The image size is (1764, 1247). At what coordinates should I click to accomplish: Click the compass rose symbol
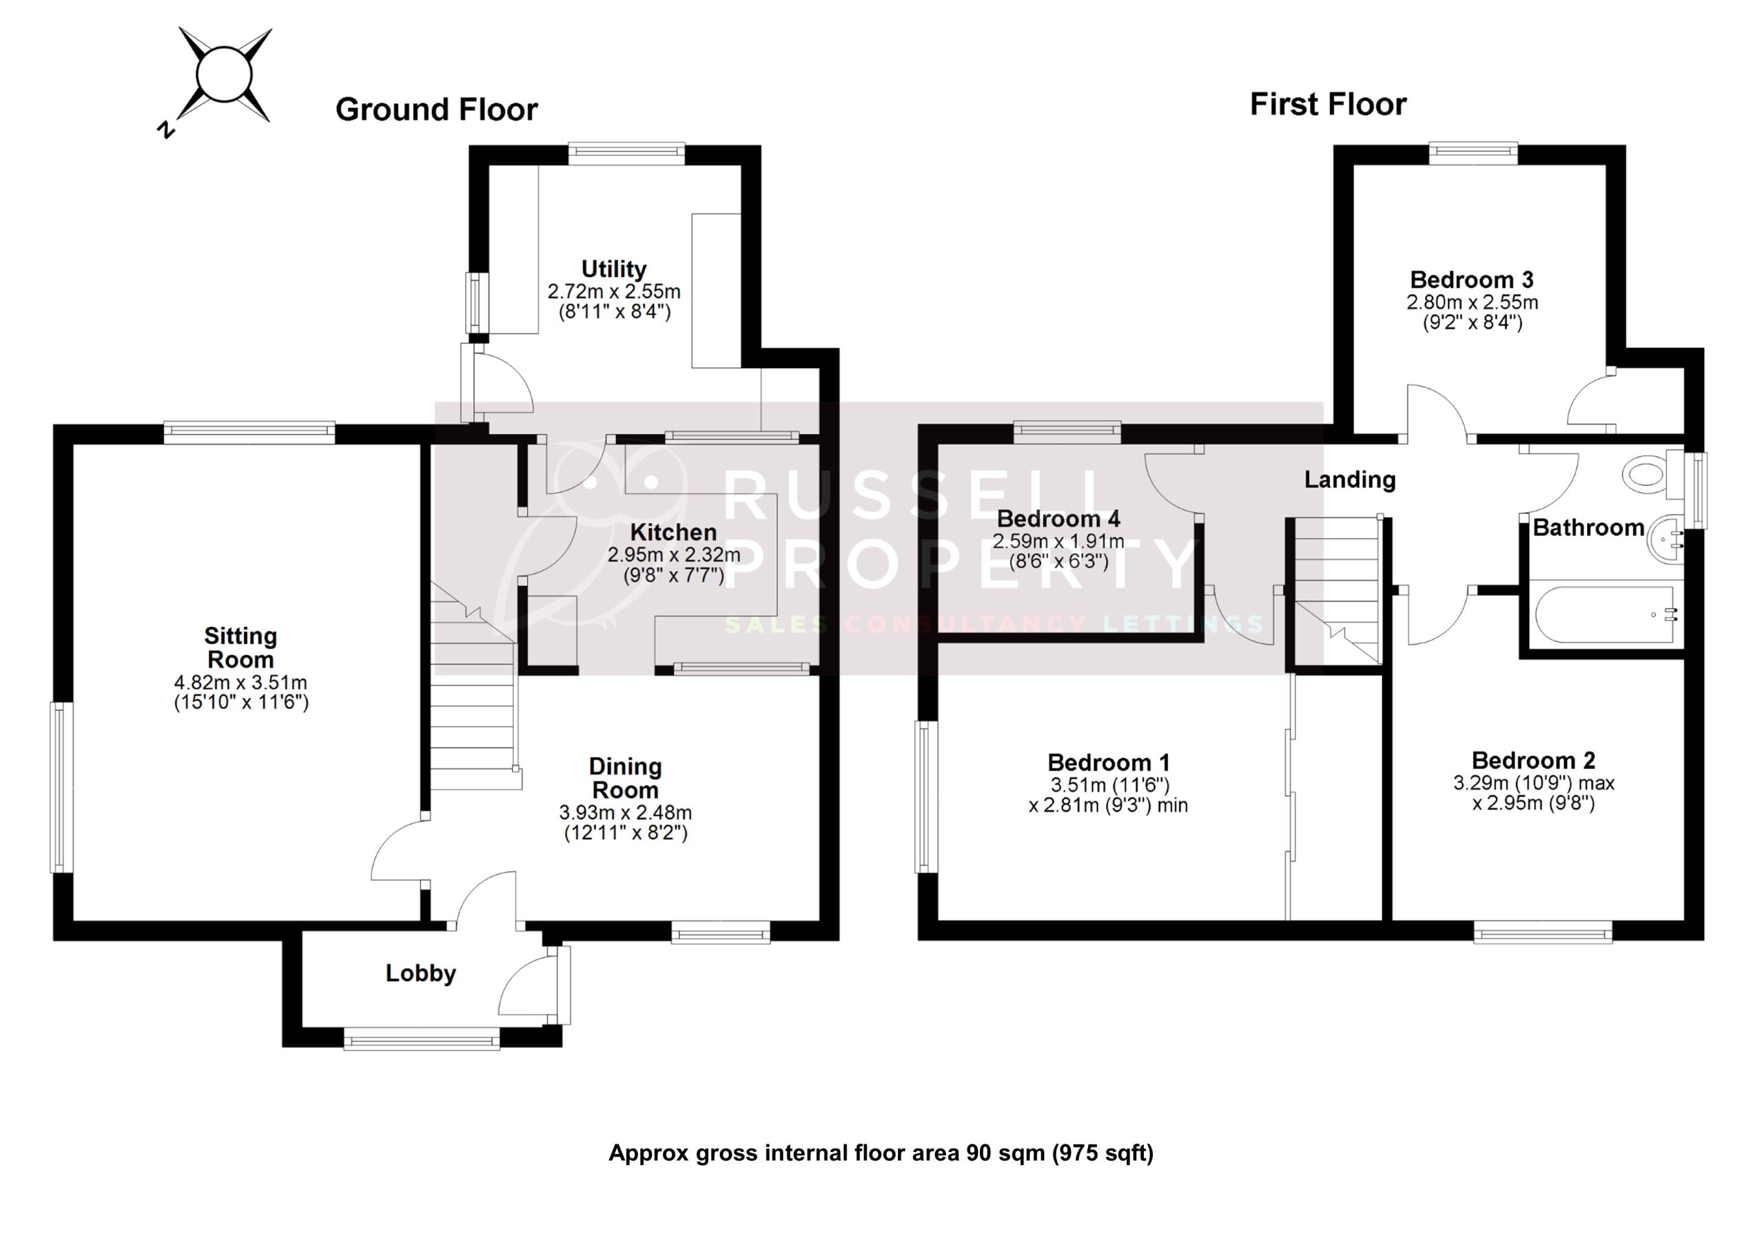pos(225,75)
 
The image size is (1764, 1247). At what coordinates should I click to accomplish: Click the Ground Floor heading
pos(436,109)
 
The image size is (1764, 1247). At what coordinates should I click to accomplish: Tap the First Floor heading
pos(1328,104)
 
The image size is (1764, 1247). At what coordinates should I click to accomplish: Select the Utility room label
pos(613,269)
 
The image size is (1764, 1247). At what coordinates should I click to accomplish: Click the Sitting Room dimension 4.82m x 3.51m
pos(240,682)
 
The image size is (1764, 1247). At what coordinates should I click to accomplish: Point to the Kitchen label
pos(673,532)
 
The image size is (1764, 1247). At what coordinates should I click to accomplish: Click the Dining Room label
pos(624,778)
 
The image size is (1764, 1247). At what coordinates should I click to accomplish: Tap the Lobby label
pos(420,973)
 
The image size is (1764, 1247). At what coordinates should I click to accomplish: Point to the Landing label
pos(1349,480)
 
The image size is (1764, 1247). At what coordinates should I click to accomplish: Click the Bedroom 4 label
pos(1058,518)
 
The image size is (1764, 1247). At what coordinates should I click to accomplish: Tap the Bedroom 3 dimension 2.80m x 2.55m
pos(1471,302)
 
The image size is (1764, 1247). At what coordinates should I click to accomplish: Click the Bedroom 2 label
pos(1532,760)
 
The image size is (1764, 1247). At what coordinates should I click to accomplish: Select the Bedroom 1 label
pos(1108,762)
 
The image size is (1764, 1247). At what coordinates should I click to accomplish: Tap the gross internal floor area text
pos(881,1153)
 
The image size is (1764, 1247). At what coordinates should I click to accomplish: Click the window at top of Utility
pos(626,154)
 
